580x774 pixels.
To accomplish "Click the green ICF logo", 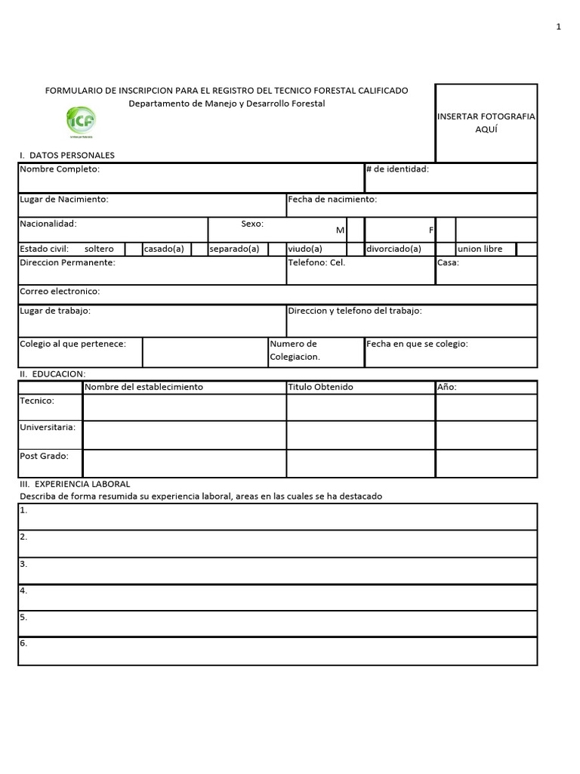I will tap(82, 121).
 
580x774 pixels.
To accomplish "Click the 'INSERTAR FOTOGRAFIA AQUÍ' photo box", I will tap(486, 122).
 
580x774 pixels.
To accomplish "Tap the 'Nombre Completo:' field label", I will tap(60, 169).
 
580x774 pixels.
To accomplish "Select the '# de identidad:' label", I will tap(397, 169).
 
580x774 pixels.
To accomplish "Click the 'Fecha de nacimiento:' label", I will tap(332, 200).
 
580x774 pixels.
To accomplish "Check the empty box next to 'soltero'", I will tap(133, 249).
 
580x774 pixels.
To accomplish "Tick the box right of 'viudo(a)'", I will tap(354, 249).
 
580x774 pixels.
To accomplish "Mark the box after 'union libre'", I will tap(527, 249).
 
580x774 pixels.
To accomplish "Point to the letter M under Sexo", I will tap(340, 230).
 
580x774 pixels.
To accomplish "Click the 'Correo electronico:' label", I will tap(60, 291).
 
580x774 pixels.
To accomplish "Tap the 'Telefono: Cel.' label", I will tap(316, 263).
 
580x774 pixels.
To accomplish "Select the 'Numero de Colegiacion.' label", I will tap(295, 350).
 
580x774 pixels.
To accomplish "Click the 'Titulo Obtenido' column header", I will tap(320, 387).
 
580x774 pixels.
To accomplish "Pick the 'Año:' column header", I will tap(447, 387).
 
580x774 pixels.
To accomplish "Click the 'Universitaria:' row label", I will tap(48, 427).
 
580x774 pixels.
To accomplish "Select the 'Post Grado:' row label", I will tap(44, 456).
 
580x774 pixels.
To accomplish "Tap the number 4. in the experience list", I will tap(24, 590).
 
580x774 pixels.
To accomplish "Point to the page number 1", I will tap(558, 27).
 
